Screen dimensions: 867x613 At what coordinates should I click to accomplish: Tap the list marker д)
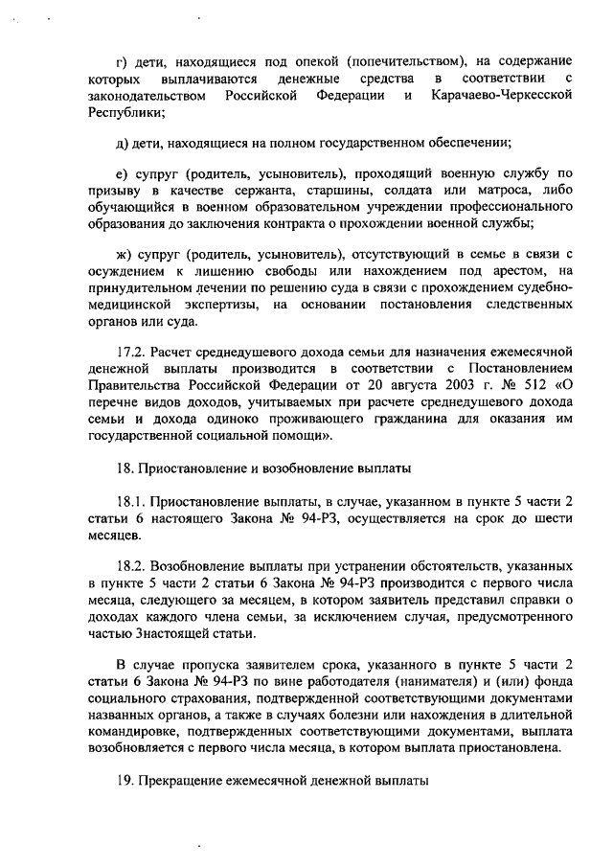click(122, 144)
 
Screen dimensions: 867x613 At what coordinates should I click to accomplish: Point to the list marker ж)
click(124, 254)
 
